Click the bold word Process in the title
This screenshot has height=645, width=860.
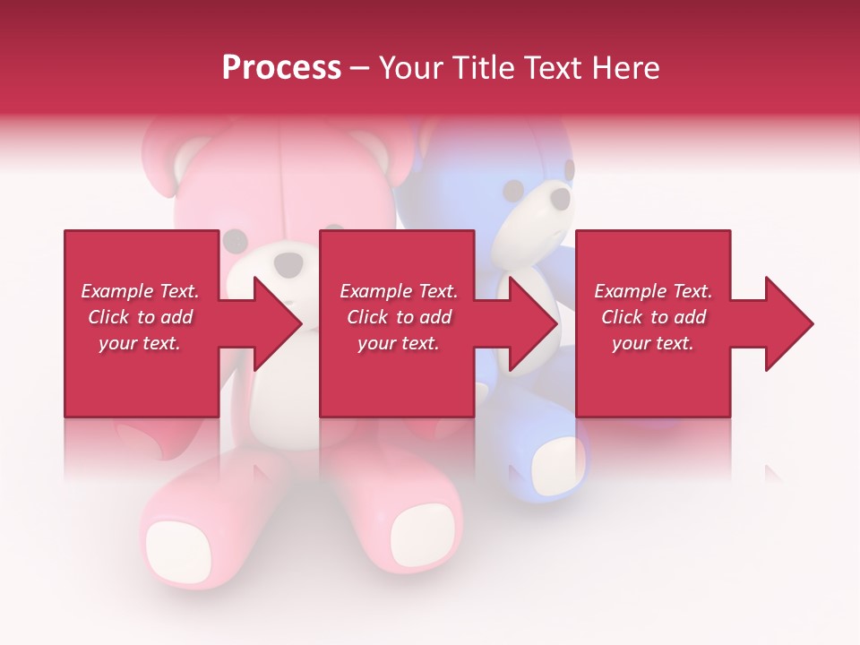(281, 67)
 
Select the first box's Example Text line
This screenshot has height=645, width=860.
(140, 291)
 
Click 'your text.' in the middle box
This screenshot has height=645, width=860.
(398, 343)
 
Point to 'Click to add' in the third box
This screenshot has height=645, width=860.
(653, 317)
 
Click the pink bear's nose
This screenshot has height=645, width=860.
(289, 262)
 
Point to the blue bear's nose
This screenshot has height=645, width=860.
(559, 198)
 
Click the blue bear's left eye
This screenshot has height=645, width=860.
(512, 191)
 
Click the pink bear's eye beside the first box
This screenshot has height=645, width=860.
(234, 240)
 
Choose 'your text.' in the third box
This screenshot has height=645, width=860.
(652, 343)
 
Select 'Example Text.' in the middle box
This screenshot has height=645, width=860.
(399, 291)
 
